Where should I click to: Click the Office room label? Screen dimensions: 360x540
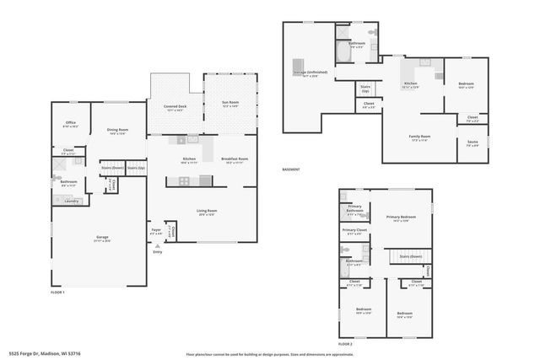71,123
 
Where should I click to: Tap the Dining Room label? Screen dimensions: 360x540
116,130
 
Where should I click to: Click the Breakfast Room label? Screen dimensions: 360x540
234,159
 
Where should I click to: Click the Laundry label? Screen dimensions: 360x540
71,201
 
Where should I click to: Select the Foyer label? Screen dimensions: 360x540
156,230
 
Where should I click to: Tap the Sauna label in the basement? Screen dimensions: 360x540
472,143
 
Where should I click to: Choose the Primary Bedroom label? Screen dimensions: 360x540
403,218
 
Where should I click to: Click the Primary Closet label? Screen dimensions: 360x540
354,230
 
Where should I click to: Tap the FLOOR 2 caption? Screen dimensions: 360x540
345,344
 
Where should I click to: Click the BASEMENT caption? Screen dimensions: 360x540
292,169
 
